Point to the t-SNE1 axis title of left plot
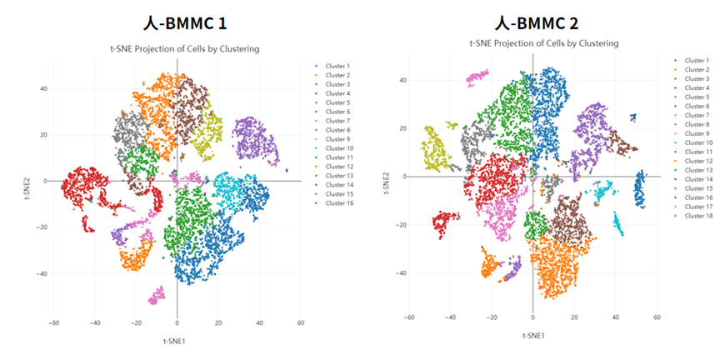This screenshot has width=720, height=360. coord(176,341)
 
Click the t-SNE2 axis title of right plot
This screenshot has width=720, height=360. coord(385,185)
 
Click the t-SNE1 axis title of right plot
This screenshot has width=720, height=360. coord(533,335)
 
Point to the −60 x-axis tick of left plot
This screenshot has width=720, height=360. coord(53,320)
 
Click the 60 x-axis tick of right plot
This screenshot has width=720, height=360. coord(657,317)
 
